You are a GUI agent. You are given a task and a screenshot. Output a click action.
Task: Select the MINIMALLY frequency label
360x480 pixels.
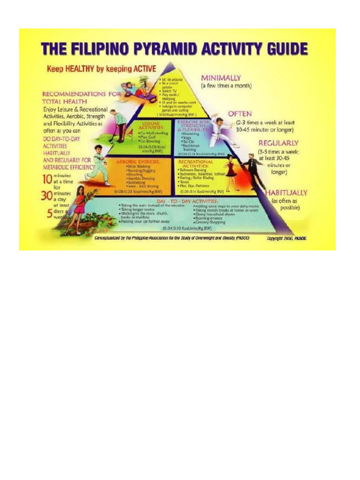click(x=221, y=78)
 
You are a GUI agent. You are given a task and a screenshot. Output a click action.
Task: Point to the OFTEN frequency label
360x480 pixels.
click(x=240, y=113)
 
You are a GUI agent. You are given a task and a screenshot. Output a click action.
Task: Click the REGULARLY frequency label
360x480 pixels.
click(x=278, y=143)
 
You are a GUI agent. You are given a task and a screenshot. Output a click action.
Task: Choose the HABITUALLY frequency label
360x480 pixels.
click(x=286, y=192)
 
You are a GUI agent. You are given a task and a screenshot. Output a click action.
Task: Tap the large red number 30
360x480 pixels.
click(x=45, y=196)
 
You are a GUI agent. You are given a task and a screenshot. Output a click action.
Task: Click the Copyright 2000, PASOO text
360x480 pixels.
click(x=286, y=239)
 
